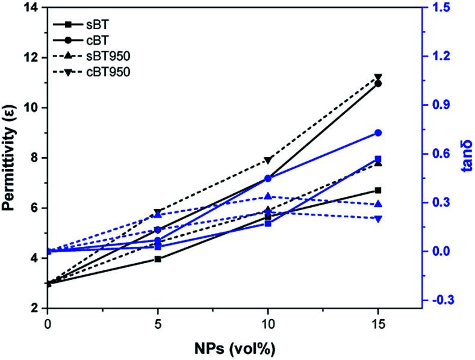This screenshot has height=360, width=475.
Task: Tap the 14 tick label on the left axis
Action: [29, 8]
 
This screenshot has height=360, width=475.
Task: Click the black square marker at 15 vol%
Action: [378, 190]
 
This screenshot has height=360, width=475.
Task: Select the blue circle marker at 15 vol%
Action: [378, 133]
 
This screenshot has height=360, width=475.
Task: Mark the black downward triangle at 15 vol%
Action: [378, 78]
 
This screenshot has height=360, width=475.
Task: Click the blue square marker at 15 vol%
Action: [378, 159]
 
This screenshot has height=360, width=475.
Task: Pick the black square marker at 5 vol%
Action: [158, 259]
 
